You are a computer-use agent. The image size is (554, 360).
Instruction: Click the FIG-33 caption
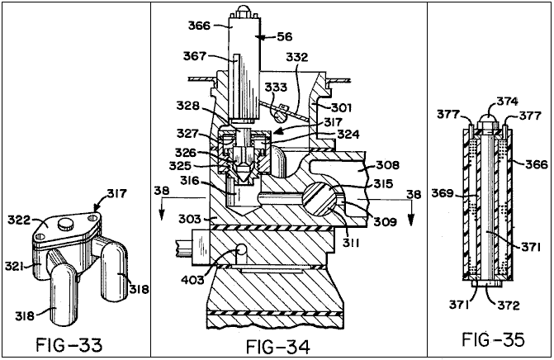pyautogui.click(x=69, y=345)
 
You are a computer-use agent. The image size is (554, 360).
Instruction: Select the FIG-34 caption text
pyautogui.click(x=278, y=347)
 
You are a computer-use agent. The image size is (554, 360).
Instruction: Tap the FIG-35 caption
pyautogui.click(x=493, y=340)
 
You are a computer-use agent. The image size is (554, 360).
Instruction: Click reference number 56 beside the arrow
pyautogui.click(x=285, y=36)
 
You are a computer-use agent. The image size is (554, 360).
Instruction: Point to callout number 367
pyautogui.click(x=194, y=56)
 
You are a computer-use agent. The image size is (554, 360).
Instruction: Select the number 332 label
pyautogui.click(x=296, y=57)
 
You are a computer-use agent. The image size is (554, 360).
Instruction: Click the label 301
pyautogui.click(x=341, y=107)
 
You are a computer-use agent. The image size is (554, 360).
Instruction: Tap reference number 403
pyautogui.click(x=192, y=280)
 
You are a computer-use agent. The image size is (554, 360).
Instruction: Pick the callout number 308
pyautogui.click(x=387, y=165)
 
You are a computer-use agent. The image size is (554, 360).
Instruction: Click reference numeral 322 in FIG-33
pyautogui.click(x=19, y=220)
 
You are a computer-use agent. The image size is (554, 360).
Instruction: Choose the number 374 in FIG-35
pyautogui.click(x=508, y=102)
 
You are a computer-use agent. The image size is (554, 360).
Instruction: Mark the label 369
pyautogui.click(x=443, y=193)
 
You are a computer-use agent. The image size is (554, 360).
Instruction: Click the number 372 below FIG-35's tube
pyautogui.click(x=509, y=305)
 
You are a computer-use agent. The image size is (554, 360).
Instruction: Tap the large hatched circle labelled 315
pyautogui.click(x=320, y=200)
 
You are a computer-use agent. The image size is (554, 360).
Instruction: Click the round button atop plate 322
pyautogui.click(x=65, y=224)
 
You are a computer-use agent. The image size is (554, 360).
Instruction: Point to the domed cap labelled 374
pyautogui.click(x=490, y=122)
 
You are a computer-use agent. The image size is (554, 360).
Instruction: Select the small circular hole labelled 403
pyautogui.click(x=241, y=250)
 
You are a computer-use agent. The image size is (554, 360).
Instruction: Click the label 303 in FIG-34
pyautogui.click(x=190, y=219)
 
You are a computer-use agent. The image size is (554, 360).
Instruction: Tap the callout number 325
pyautogui.click(x=180, y=166)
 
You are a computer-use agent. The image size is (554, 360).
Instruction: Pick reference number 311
pyautogui.click(x=350, y=243)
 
